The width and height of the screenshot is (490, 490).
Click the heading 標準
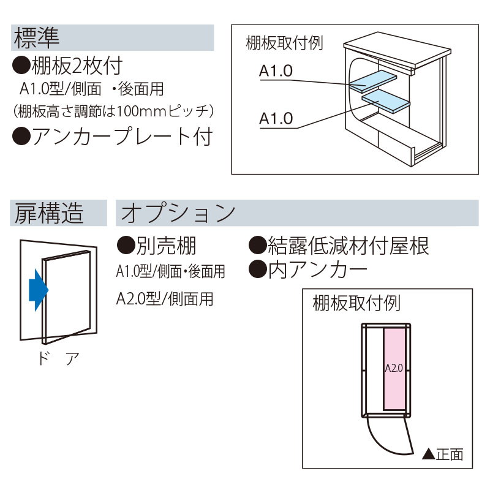[36, 38]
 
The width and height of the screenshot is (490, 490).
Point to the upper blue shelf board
[372, 80]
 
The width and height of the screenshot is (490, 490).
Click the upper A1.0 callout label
[276, 71]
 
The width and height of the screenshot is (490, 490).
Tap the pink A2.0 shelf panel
[393, 369]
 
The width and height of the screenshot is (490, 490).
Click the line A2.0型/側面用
[165, 298]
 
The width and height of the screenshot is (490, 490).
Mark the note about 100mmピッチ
[113, 111]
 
